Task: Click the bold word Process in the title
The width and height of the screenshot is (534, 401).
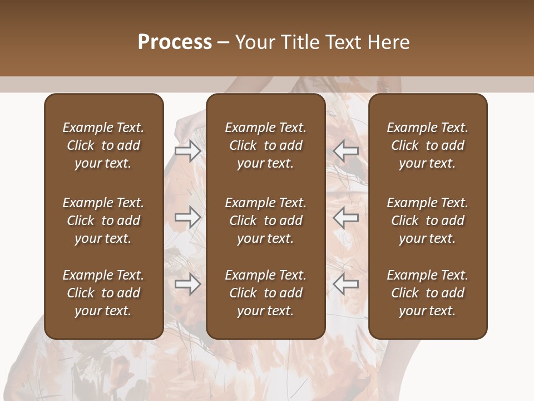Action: pyautogui.click(x=175, y=42)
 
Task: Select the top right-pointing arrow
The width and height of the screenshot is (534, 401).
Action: pyautogui.click(x=188, y=151)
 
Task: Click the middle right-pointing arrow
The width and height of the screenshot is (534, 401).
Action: pyautogui.click(x=188, y=217)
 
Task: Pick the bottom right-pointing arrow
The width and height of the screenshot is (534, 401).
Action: pyautogui.click(x=188, y=284)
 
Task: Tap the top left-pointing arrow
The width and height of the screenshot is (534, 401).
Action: pyautogui.click(x=346, y=151)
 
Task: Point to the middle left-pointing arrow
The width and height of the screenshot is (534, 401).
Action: pyautogui.click(x=346, y=217)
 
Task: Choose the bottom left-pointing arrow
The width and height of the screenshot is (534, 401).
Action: pyautogui.click(x=346, y=284)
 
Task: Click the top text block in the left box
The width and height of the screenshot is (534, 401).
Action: pyautogui.click(x=103, y=145)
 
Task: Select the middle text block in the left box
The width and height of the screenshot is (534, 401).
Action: pyautogui.click(x=103, y=221)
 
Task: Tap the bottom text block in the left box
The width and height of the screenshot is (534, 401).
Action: pyautogui.click(x=103, y=293)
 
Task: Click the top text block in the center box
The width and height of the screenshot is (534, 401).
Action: pyautogui.click(x=265, y=145)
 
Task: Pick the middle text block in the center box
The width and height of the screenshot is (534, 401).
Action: pyautogui.click(x=265, y=221)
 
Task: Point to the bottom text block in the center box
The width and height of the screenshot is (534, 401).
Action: pyautogui.click(x=265, y=293)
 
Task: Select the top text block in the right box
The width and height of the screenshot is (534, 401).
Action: pyautogui.click(x=428, y=145)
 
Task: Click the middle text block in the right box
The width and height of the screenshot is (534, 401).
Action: pyautogui.click(x=428, y=221)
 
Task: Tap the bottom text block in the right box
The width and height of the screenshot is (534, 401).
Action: pyautogui.click(x=428, y=293)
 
